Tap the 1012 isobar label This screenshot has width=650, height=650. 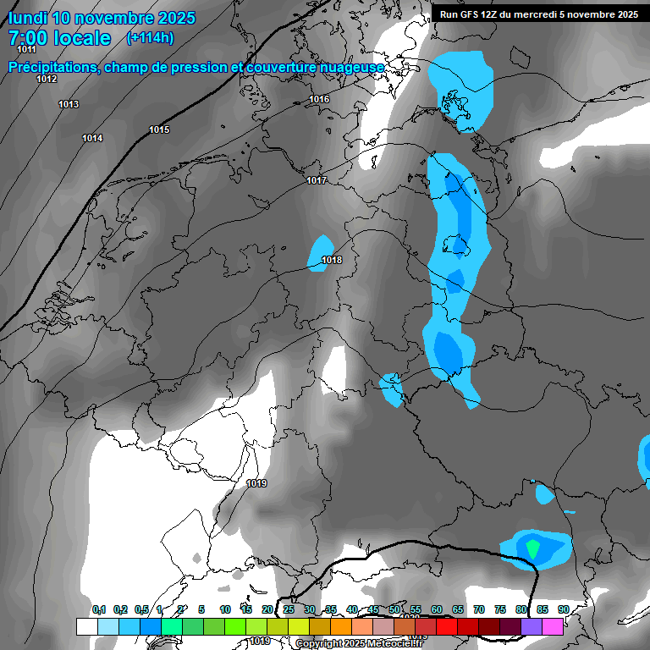[47, 79]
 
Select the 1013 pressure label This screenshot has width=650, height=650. [69, 104]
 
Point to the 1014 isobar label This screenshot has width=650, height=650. [92, 138]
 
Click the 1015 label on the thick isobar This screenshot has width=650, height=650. [159, 129]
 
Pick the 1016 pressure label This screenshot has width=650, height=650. [319, 100]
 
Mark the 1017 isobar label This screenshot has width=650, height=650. [317, 180]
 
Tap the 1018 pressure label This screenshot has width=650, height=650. [332, 260]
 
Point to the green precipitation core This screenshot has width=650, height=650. [532, 548]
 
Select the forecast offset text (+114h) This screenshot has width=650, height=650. [150, 37]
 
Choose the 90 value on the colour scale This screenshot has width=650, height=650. [563, 609]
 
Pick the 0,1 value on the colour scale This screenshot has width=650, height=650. [98, 609]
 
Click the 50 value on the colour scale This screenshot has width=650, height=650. [394, 609]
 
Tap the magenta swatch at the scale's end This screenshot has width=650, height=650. [553, 626]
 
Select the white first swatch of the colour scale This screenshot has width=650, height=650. [86, 626]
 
